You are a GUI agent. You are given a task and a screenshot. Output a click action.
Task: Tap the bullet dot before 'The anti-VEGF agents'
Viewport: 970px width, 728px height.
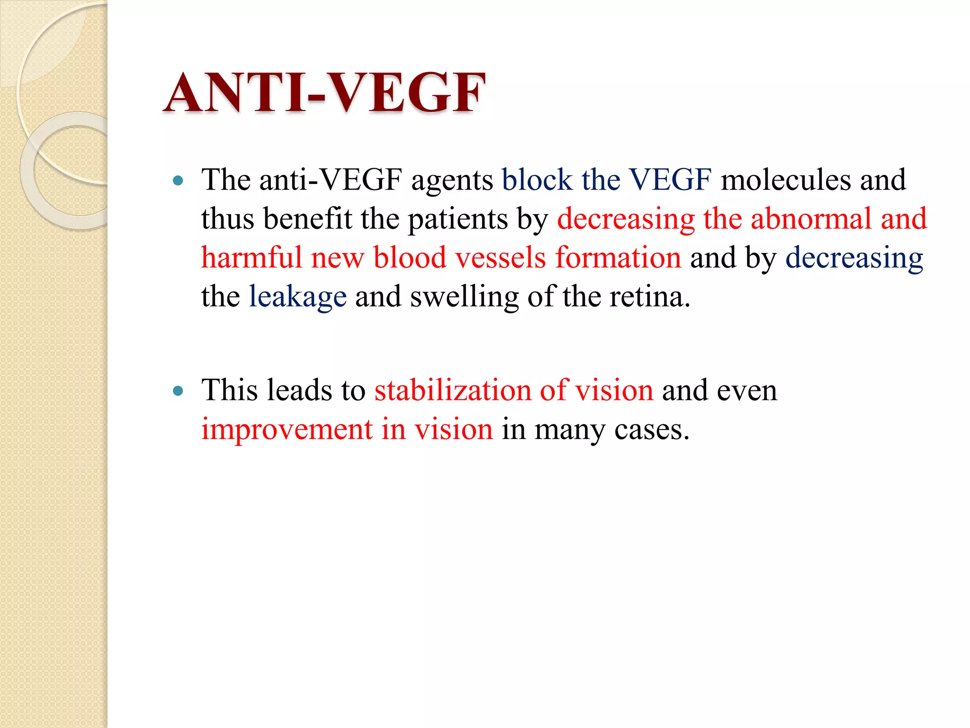tap(178, 181)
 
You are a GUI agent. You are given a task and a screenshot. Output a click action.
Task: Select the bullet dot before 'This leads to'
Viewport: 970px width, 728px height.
tap(178, 391)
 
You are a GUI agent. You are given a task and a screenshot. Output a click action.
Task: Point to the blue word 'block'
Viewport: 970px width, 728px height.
tap(537, 180)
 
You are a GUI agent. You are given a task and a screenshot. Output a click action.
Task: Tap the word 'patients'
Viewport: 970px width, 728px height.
tap(458, 219)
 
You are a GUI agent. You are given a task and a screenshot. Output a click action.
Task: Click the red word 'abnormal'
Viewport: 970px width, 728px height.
tap(811, 219)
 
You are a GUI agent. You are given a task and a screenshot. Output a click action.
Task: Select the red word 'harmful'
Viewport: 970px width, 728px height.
tap(251, 258)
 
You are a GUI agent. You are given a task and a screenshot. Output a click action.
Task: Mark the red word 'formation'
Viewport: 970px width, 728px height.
tap(618, 258)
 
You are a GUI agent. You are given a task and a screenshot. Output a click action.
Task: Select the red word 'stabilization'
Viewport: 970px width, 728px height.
tap(452, 391)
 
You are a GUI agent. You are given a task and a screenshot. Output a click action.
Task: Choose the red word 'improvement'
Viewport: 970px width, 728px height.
tap(287, 430)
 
